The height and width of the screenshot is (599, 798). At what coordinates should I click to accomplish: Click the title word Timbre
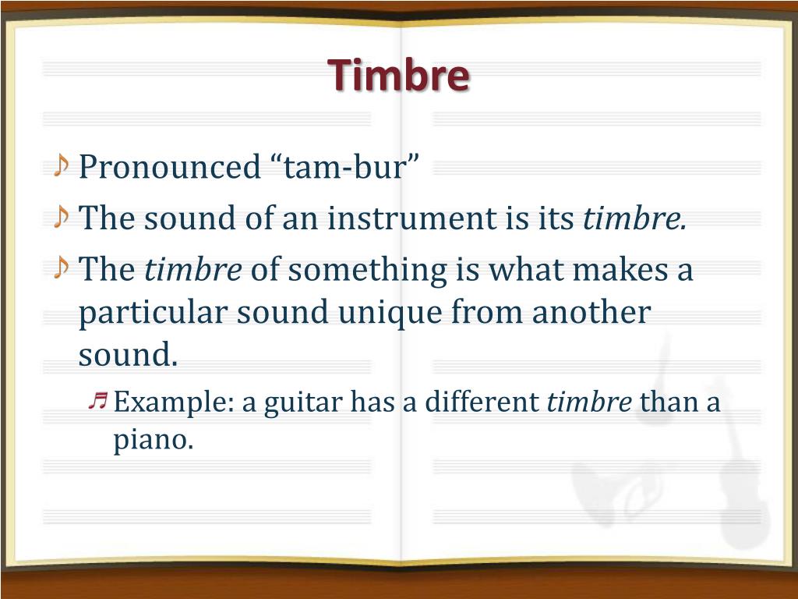399,76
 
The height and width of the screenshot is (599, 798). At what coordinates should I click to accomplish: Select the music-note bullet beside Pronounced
62,166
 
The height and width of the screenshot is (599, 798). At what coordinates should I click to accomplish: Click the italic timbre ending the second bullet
634,218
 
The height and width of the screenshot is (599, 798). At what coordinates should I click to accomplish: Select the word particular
152,313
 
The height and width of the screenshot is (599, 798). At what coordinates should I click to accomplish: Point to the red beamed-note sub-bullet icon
97,401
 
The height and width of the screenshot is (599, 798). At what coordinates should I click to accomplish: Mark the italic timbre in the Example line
589,403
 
